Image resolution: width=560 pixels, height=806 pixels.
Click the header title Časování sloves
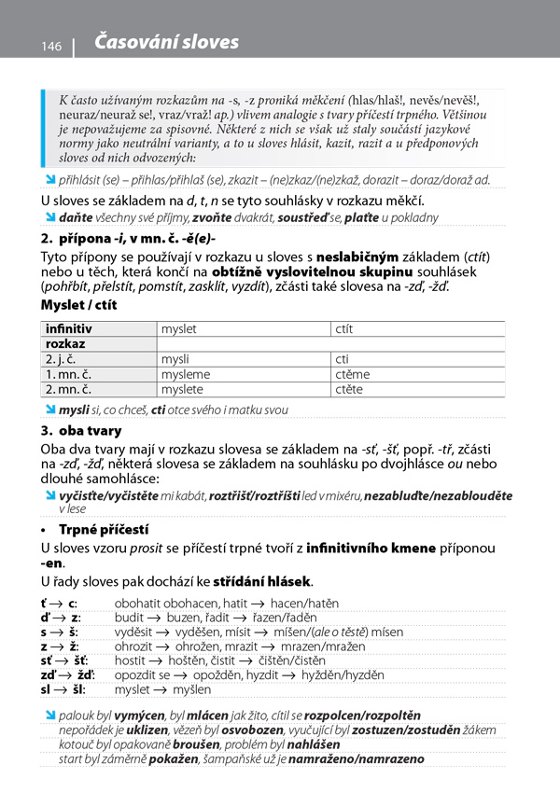pyautogui.click(x=167, y=42)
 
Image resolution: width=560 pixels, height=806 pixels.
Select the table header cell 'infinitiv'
pyautogui.click(x=69, y=329)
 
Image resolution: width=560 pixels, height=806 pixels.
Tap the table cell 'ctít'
pyautogui.click(x=344, y=329)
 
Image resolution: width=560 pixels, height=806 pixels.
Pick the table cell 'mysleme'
pyautogui.click(x=186, y=374)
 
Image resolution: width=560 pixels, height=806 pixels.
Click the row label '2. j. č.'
pyautogui.click(x=65, y=359)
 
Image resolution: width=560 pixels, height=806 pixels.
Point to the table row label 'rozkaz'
pyautogui.click(x=65, y=344)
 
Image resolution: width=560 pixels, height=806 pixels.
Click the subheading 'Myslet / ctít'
pyautogui.click(x=79, y=305)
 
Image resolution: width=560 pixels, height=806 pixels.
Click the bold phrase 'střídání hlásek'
pyautogui.click(x=262, y=583)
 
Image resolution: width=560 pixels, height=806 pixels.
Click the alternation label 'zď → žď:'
pyautogui.click(x=67, y=675)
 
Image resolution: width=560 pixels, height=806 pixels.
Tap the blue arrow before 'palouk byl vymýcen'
pyautogui.click(x=50, y=716)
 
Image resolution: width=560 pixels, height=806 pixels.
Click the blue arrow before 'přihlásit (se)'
pyautogui.click(x=50, y=179)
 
